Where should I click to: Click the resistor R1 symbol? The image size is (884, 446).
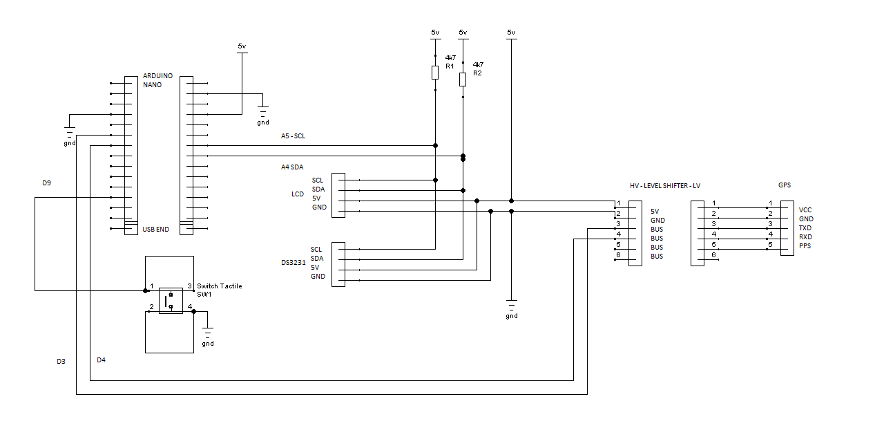(x=435, y=73)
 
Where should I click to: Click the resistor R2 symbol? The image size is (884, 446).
(x=463, y=79)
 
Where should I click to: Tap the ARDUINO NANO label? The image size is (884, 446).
(x=157, y=80)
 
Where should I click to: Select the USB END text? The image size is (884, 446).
(x=155, y=230)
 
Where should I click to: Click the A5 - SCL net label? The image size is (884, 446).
(x=293, y=136)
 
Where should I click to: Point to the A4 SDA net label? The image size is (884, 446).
(x=291, y=167)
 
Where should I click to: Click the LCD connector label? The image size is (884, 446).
(x=297, y=194)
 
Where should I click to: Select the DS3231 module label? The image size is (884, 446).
(x=293, y=263)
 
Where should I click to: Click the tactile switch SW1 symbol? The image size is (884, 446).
(x=171, y=300)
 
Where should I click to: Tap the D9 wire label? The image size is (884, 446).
(x=46, y=183)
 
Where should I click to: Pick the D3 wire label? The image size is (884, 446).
(x=61, y=361)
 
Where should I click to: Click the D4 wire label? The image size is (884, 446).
(x=101, y=360)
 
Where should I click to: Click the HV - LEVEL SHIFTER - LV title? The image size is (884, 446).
(x=665, y=186)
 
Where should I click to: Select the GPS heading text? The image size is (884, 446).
(x=784, y=185)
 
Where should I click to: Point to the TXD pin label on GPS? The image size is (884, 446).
(x=805, y=228)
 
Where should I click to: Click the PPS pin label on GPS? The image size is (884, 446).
(x=805, y=246)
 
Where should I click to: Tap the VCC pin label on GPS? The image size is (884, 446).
(x=805, y=210)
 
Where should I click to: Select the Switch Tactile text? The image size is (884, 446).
(x=220, y=286)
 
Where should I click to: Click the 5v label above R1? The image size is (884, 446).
(x=435, y=32)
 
